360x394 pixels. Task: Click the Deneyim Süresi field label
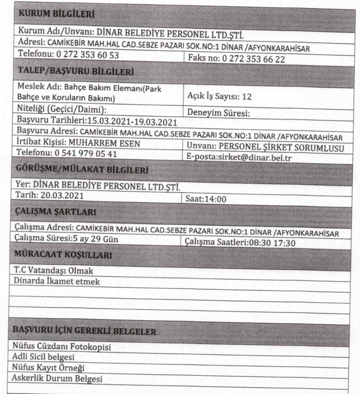pos(219,112)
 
